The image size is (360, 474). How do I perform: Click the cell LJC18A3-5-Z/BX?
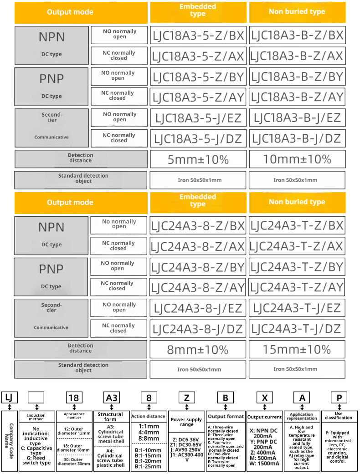tap(198, 35)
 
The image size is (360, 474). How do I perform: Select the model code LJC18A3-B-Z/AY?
tap(297, 97)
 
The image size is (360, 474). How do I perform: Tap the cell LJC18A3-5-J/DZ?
tap(198, 138)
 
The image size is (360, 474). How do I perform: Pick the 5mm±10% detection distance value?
tap(198, 159)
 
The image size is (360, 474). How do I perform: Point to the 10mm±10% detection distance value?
tap(297, 159)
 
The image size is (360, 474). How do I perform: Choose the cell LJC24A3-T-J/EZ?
tap(297, 308)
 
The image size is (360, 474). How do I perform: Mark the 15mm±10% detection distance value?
tap(297, 350)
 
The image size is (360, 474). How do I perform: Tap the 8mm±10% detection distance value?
tap(198, 350)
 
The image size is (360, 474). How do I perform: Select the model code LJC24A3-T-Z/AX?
tap(297, 246)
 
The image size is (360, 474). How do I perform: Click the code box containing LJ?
tap(9, 397)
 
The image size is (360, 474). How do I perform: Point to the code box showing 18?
tap(74, 397)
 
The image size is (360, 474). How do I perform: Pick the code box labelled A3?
tap(111, 397)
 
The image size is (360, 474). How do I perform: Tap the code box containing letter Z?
tap(186, 397)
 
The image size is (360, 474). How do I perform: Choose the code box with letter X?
tap(265, 397)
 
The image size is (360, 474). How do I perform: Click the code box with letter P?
tap(339, 397)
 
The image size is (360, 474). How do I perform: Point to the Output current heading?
tap(265, 417)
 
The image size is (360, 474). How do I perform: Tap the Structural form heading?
tap(110, 417)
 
